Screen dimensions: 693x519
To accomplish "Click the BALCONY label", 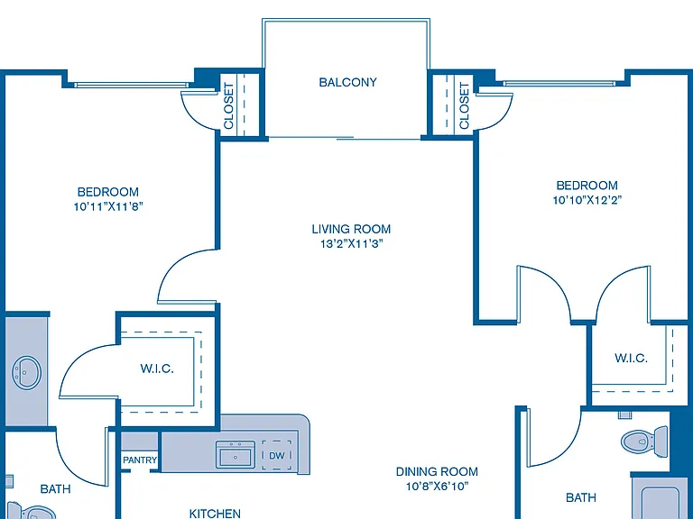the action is tap(347, 82).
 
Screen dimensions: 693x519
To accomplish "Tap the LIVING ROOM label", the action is tap(351, 229).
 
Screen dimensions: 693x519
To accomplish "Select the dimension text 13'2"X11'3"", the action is tap(351, 243).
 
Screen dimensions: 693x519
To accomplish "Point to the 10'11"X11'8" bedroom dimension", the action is tap(108, 206).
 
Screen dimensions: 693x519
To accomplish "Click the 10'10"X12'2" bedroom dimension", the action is tap(587, 200).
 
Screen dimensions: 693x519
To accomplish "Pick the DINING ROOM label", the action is tap(437, 472).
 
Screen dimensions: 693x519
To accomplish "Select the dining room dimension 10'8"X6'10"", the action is tap(437, 486).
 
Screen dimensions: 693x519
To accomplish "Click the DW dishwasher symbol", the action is tap(277, 455).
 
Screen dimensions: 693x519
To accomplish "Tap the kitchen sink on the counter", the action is tap(236, 454).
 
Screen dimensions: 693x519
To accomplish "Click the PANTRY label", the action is tap(140, 460).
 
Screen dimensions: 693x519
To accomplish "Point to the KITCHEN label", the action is tap(215, 514).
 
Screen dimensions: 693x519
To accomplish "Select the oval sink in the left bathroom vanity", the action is tap(26, 373).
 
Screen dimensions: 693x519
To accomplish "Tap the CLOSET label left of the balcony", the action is tap(228, 106).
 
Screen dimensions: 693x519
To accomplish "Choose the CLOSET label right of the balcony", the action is tap(464, 106).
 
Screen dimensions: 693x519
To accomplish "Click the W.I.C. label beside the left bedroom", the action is tap(157, 369).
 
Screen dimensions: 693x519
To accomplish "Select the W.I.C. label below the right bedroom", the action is tap(631, 358).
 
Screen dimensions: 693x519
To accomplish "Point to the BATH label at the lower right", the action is tap(581, 497).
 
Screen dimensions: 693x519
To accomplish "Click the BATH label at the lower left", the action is tap(55, 489).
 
